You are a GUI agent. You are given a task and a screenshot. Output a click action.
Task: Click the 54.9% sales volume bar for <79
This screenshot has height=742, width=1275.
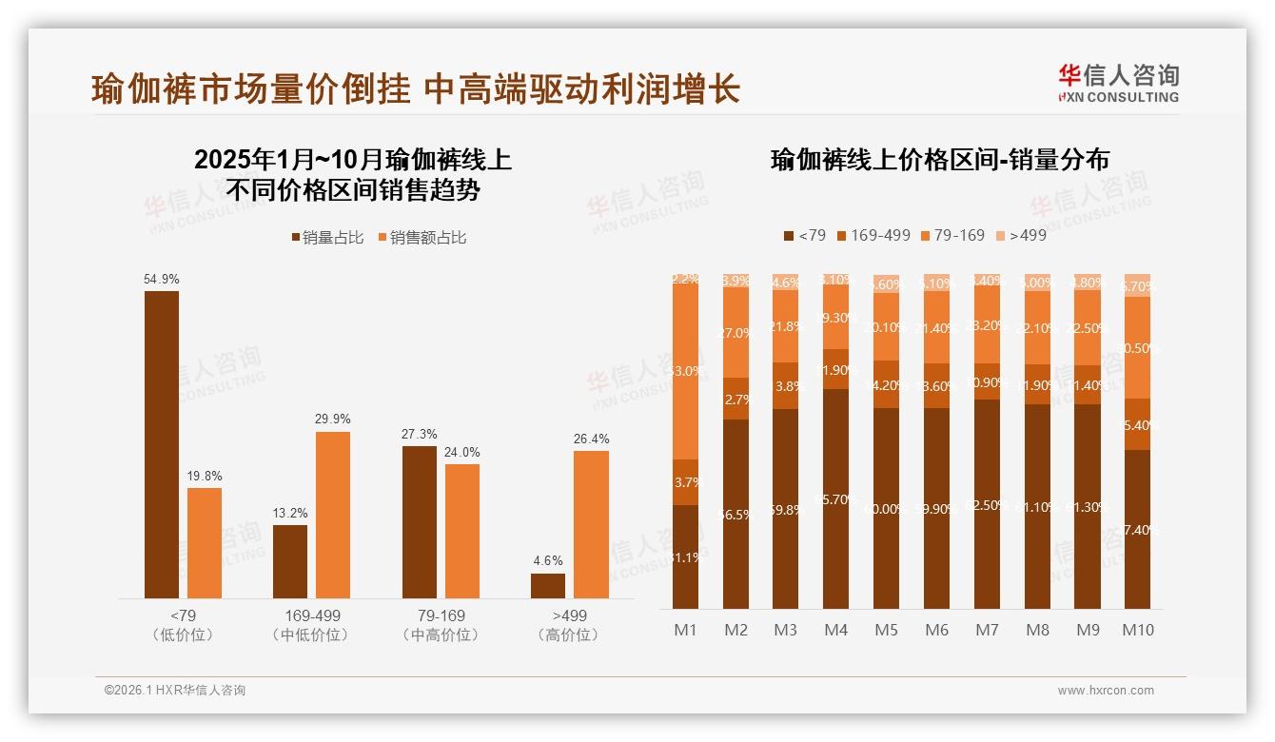162,444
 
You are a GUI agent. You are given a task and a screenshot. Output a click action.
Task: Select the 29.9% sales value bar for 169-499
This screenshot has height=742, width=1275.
333,515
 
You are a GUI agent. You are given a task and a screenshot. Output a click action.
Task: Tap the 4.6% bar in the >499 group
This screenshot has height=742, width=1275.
548,585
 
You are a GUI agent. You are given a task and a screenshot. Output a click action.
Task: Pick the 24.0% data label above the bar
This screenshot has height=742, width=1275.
461,453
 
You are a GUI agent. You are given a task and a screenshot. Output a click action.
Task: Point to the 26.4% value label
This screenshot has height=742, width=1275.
591,439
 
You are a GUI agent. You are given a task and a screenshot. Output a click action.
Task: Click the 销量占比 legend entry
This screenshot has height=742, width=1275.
327,238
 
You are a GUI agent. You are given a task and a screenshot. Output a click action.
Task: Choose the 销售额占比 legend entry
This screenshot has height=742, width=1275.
422,238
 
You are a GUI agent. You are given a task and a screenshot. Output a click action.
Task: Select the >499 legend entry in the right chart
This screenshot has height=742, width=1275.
1020,235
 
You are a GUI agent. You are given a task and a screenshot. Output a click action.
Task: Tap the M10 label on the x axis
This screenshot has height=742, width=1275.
1137,630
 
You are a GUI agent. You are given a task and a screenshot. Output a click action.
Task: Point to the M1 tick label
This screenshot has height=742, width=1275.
685,630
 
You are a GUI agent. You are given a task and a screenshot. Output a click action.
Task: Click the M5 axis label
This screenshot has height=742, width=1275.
886,630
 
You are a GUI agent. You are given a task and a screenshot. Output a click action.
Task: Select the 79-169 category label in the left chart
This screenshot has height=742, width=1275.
441,615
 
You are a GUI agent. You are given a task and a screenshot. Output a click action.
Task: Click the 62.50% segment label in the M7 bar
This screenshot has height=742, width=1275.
987,505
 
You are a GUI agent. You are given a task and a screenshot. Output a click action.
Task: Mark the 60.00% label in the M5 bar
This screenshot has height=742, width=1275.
886,509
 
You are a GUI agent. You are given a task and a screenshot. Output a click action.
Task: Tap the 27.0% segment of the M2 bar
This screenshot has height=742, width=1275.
736,334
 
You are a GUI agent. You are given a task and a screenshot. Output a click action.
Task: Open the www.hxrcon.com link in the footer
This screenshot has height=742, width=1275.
1106,691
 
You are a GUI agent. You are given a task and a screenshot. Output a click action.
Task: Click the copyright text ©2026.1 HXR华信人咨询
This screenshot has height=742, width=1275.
174,691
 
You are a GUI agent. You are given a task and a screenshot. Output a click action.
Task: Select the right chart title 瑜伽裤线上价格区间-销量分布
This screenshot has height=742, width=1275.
939,160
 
